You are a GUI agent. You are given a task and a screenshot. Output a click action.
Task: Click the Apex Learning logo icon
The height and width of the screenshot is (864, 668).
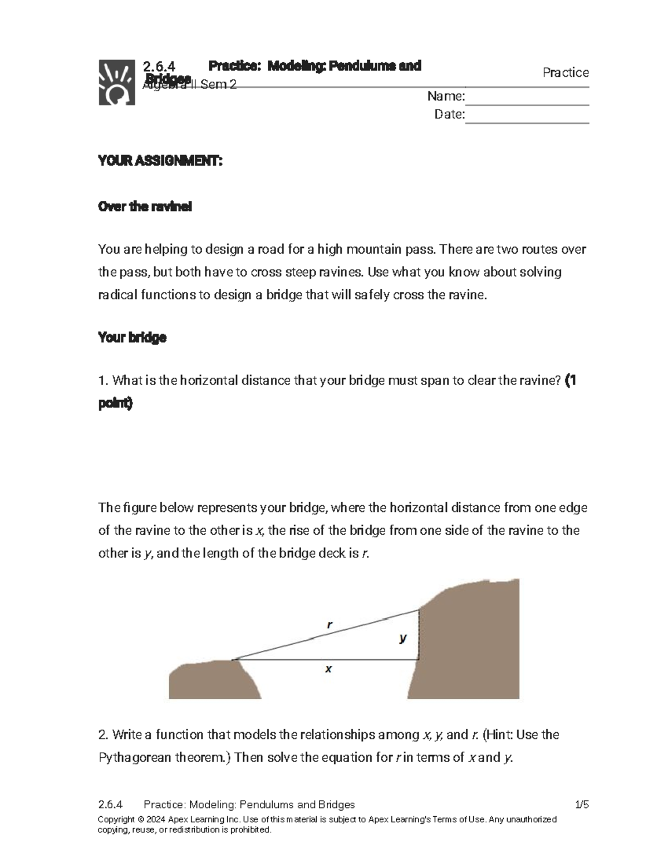[116, 82]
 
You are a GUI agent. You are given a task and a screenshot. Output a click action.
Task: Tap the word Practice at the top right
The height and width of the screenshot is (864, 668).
[566, 73]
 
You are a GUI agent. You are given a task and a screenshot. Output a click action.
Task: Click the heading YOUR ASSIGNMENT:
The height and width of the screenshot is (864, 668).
[160, 161]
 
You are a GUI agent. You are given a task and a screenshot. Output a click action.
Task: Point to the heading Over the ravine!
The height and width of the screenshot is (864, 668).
[145, 207]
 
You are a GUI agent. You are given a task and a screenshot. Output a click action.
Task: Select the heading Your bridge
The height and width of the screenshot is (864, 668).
[132, 338]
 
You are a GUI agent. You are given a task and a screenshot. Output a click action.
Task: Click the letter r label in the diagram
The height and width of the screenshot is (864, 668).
[330, 625]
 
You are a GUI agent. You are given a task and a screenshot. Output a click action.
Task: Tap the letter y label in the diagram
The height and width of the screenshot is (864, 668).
[402, 638]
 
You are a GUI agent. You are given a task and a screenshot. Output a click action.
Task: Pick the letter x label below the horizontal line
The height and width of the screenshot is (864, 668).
[328, 669]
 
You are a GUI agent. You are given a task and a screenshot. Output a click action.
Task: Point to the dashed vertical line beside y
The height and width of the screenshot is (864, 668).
[419, 634]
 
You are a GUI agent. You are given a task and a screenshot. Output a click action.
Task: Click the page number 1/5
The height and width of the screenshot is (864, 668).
[582, 804]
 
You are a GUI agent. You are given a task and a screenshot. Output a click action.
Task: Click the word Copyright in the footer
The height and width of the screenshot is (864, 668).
[116, 819]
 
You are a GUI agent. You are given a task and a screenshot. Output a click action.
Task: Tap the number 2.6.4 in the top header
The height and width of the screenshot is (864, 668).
[159, 66]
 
